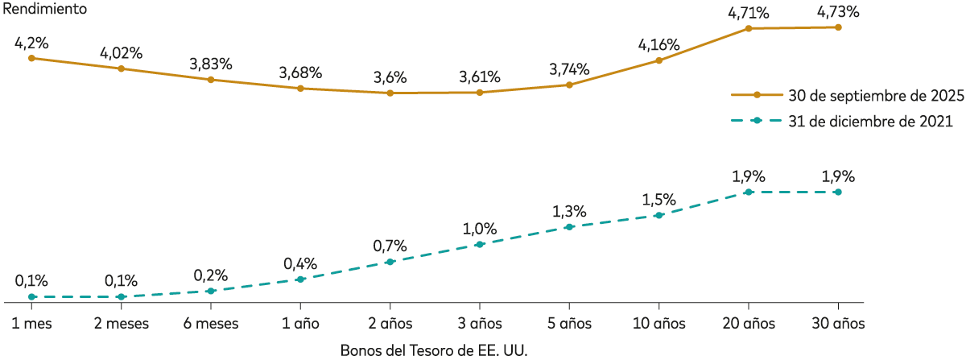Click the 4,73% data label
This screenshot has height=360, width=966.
(838, 12)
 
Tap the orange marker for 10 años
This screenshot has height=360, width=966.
(659, 60)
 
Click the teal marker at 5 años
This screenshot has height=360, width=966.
(569, 227)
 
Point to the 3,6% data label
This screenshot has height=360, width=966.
(390, 78)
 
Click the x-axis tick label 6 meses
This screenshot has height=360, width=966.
(211, 324)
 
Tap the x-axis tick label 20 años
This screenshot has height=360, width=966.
(749, 324)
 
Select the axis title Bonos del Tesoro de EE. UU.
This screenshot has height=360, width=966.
(438, 350)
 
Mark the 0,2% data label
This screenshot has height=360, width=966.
(211, 274)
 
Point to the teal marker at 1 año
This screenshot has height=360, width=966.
(300, 279)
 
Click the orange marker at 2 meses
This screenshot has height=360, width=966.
(121, 68)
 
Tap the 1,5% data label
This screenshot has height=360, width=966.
(659, 199)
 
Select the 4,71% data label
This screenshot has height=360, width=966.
(749, 13)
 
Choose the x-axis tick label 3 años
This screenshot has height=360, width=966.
(480, 324)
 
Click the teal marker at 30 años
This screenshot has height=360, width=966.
(838, 192)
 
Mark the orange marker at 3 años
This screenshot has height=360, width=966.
(480, 93)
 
